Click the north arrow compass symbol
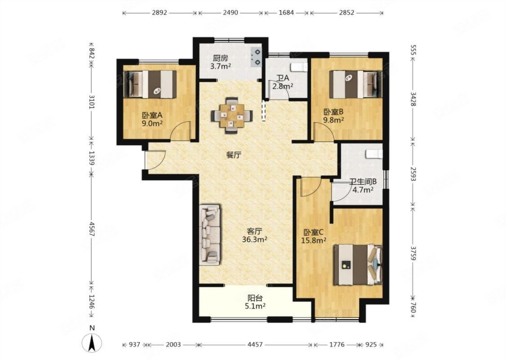92,342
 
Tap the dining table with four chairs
232,115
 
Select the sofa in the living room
210,235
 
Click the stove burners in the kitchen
257,57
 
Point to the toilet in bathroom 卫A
299,67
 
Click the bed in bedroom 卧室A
150,84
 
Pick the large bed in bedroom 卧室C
358,265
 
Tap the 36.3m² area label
255,239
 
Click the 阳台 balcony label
255,298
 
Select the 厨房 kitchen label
220,58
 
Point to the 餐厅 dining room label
233,155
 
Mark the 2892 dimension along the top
159,13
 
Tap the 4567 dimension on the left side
92,229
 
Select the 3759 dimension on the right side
413,253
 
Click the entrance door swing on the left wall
155,160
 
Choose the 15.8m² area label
313,241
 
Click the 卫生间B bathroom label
363,182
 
